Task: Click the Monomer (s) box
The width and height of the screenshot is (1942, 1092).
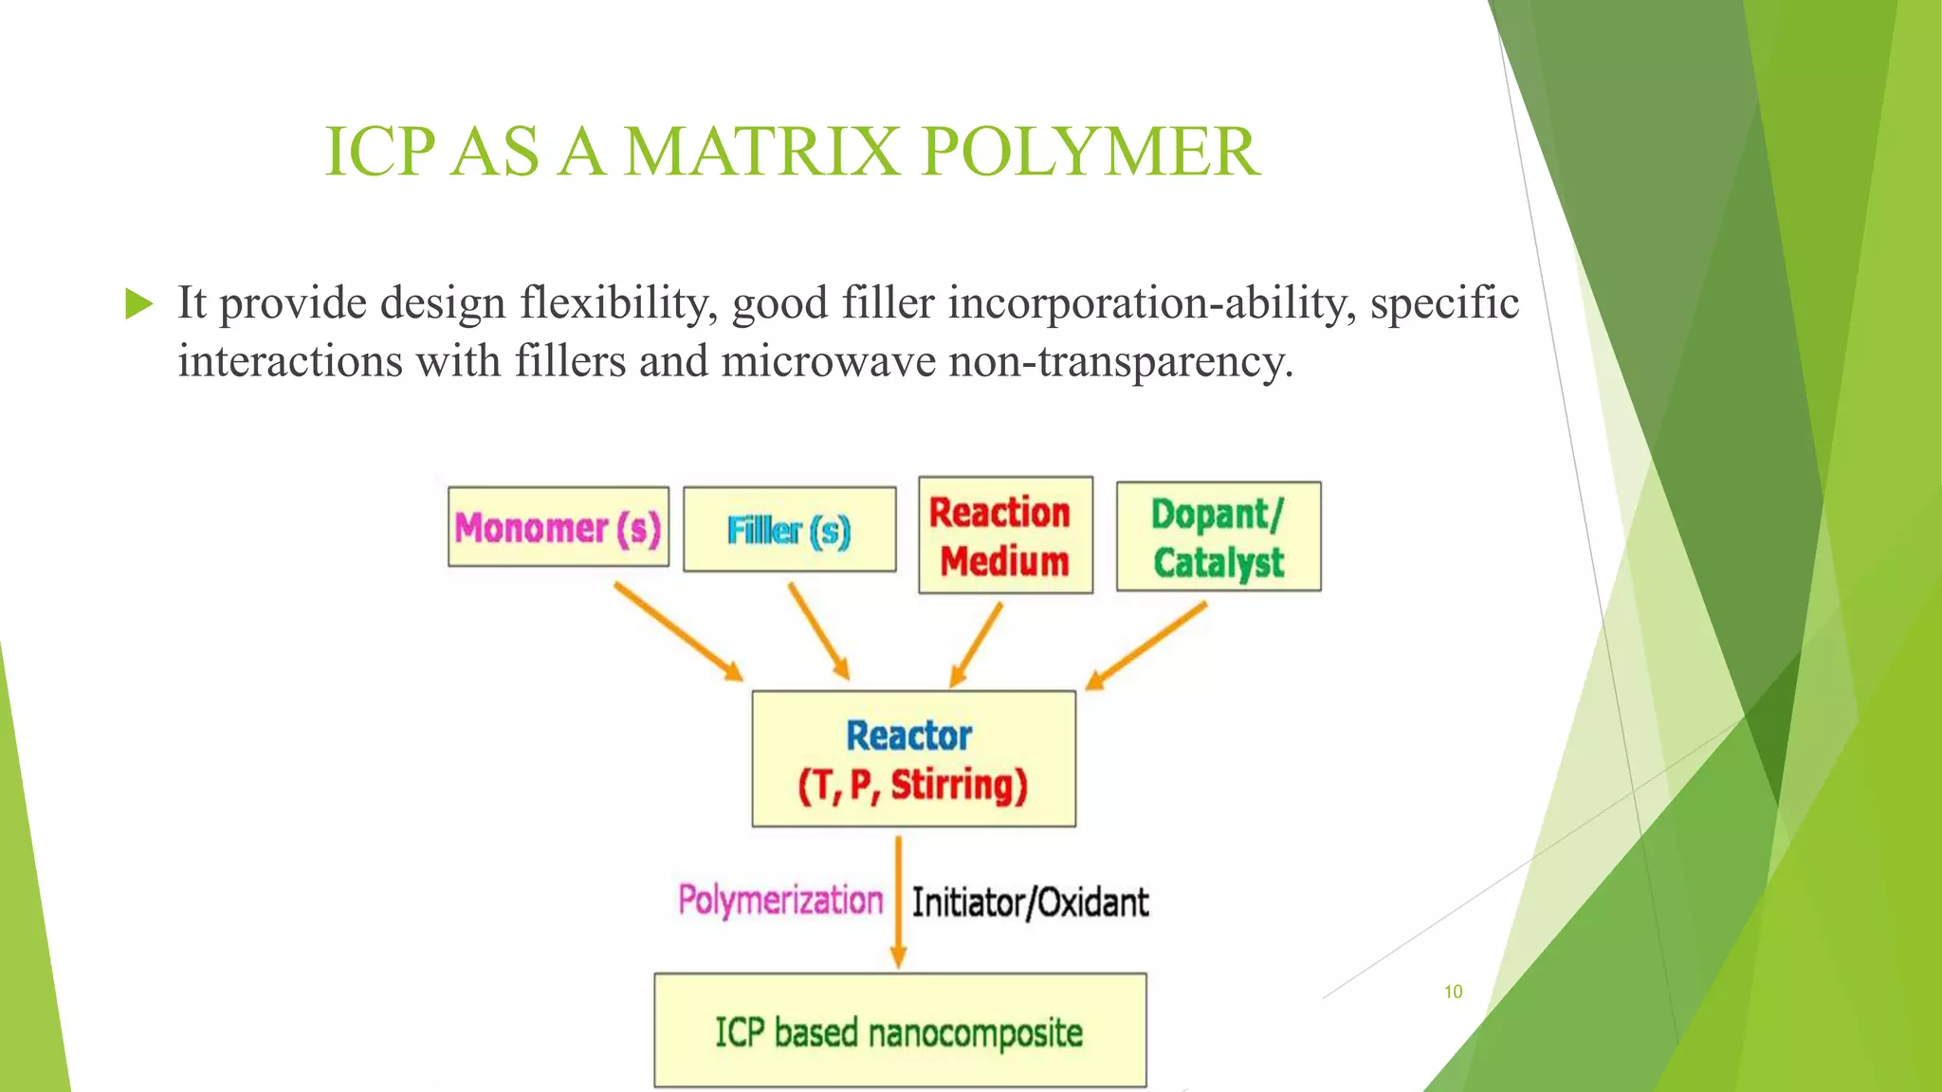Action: click(x=558, y=527)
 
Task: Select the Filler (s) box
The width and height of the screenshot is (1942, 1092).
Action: click(x=789, y=529)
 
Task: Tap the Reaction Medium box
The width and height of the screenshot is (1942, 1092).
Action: click(x=1005, y=536)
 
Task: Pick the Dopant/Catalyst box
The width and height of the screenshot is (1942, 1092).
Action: click(x=1218, y=537)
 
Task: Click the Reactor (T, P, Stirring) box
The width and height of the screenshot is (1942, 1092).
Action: click(x=913, y=758)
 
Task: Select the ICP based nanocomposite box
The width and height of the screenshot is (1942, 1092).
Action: click(x=899, y=1030)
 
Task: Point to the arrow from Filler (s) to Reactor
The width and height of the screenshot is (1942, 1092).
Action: click(x=818, y=630)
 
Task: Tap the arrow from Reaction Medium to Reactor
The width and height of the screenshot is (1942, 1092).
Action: click(x=976, y=645)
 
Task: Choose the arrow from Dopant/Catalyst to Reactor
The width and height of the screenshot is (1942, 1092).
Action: click(x=1145, y=646)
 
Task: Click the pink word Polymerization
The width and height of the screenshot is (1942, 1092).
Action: click(x=779, y=900)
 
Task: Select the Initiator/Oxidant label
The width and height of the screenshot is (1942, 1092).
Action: click(x=1030, y=901)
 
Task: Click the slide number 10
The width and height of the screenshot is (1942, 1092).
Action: click(x=1453, y=992)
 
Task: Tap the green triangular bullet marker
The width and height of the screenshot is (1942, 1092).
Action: click(x=138, y=304)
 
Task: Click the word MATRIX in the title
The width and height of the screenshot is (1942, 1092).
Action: click(x=761, y=152)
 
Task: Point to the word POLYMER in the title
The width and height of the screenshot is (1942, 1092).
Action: click(x=1090, y=152)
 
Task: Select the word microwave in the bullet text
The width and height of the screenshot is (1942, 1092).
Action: click(x=828, y=361)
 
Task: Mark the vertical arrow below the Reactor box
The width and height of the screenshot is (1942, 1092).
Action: click(x=898, y=901)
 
